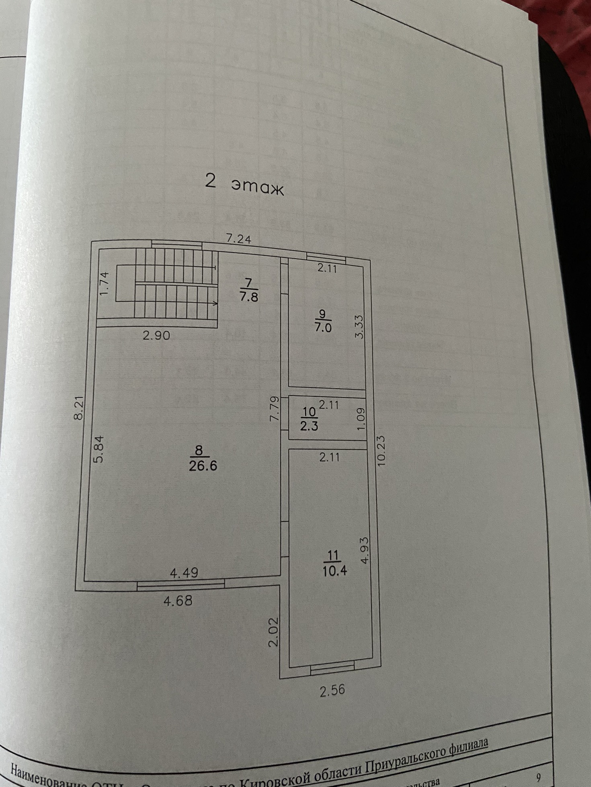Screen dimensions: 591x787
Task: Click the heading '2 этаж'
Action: [244, 184]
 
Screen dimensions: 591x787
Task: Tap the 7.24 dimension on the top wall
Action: [238, 239]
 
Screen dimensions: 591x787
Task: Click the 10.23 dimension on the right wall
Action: [381, 451]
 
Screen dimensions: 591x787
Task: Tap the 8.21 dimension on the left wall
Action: [79, 408]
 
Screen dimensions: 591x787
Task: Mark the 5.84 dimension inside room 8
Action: [99, 449]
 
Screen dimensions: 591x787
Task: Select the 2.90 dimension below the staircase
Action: [156, 335]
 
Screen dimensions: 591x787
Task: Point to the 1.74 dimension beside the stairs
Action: [104, 283]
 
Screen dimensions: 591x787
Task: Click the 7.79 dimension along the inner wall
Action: [274, 409]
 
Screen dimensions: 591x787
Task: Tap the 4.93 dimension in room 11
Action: [364, 550]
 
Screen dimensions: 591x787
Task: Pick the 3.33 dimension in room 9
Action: [359, 326]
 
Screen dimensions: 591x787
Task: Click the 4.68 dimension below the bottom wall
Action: [178, 601]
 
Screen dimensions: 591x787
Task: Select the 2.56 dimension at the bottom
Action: [332, 690]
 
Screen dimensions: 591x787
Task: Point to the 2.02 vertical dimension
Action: [273, 632]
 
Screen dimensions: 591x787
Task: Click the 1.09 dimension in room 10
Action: [361, 419]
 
